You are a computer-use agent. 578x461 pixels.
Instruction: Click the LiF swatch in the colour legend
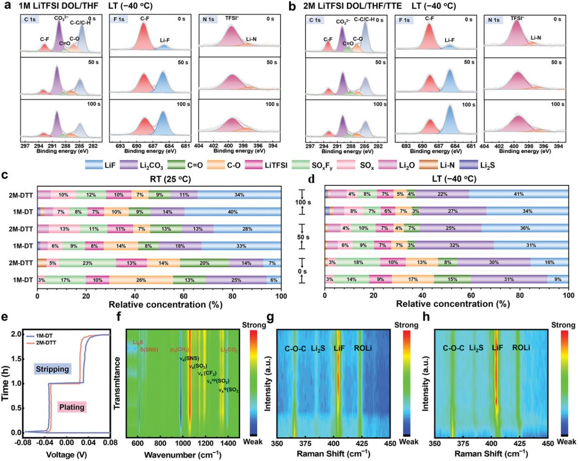94,165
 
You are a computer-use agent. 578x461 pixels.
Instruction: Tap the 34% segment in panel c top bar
239,195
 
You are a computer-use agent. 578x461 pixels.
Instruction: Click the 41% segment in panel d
518,195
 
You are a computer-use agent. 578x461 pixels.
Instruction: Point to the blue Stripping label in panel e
52,369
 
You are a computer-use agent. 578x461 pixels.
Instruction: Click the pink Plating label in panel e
72,407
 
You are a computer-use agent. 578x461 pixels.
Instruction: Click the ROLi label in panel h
521,348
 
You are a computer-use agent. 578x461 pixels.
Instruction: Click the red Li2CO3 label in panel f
229,350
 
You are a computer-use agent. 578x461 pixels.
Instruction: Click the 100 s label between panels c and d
303,202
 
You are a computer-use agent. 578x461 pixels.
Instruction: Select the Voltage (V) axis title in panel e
66,454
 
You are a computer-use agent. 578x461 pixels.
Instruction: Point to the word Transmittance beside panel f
117,383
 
